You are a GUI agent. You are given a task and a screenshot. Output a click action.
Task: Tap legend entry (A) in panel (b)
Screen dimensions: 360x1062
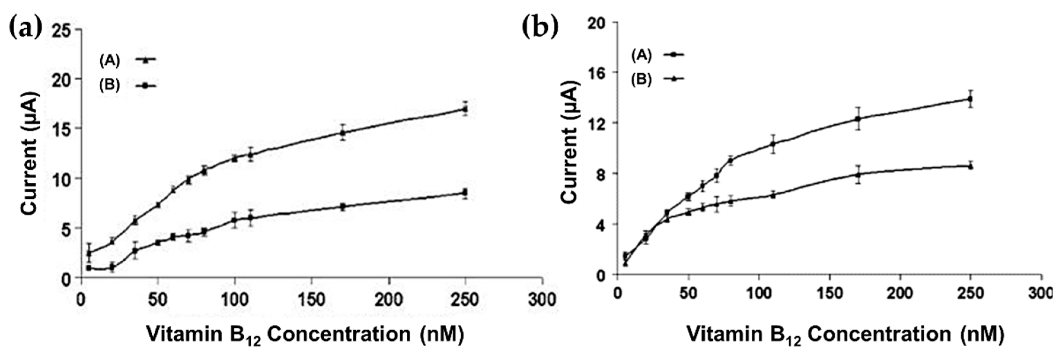[x=657, y=55]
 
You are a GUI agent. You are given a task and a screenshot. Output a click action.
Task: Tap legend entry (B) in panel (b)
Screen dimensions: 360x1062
[x=657, y=79]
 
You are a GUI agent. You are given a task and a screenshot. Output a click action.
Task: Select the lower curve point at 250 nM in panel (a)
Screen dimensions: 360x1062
[x=465, y=192]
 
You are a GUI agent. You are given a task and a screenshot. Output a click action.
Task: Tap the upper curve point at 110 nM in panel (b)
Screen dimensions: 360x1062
[x=773, y=144]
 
